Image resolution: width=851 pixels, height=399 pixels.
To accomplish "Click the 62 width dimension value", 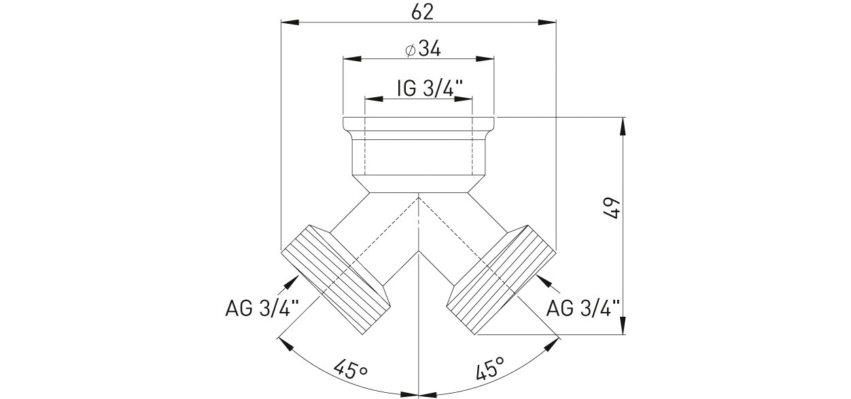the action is [x=423, y=12].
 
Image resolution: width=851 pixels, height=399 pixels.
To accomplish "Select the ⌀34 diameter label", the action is [x=423, y=50].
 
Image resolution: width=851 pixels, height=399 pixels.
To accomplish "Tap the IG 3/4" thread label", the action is [x=430, y=88].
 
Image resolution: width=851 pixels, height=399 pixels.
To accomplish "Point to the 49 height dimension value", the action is [x=612, y=208].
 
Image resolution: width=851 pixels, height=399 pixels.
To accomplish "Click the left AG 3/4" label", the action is [x=262, y=308].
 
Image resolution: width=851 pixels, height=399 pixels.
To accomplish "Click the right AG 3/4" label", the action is [x=583, y=308].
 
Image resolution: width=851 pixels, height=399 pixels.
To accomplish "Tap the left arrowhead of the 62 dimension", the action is [x=289, y=22].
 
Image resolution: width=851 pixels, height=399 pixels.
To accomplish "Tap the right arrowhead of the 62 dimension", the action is [x=547, y=22].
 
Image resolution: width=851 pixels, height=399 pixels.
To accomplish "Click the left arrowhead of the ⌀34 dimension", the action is [x=352, y=59].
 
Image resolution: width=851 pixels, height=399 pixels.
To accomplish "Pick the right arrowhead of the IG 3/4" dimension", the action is [x=463, y=99].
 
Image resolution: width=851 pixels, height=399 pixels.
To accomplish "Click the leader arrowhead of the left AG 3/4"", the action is [x=292, y=282].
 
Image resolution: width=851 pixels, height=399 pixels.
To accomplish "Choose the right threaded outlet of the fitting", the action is [x=502, y=280].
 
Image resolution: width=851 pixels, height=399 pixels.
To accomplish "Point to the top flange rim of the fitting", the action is [x=419, y=124].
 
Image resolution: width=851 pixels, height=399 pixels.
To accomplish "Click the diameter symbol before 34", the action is [x=410, y=50].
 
